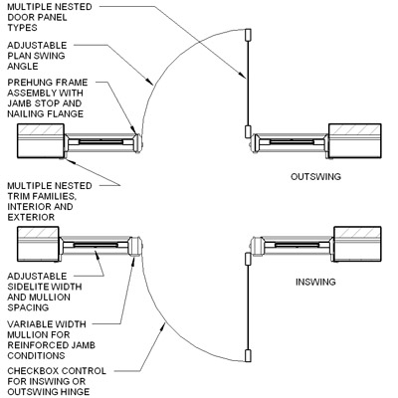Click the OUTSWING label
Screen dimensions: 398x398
point(316,176)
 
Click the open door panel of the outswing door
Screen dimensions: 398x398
point(246,79)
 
